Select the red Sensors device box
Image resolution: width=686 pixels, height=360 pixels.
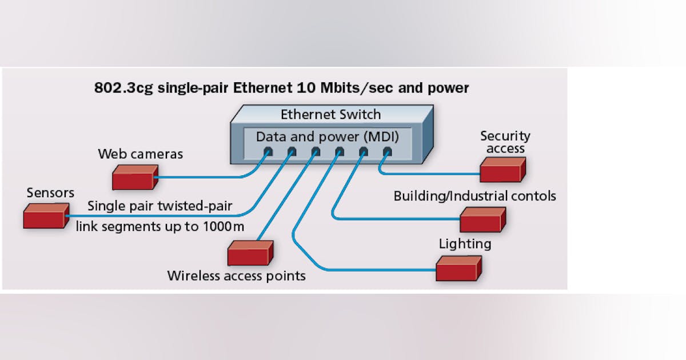pyautogui.click(x=46, y=216)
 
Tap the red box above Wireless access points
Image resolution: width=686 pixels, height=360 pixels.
pyautogui.click(x=250, y=253)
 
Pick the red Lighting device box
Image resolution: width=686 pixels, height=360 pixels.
pyautogui.click(x=458, y=269)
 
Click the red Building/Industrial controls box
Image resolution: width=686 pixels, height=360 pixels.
pyautogui.click(x=482, y=220)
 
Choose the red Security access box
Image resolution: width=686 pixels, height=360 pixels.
pyautogui.click(x=502, y=170)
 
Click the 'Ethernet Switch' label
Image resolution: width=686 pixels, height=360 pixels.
pyautogui.click(x=330, y=114)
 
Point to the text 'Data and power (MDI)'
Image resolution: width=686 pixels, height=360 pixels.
pyautogui.click(x=327, y=137)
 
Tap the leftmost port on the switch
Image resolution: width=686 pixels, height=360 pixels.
pyautogui.click(x=268, y=152)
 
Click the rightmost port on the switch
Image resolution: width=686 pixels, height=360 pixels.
pyautogui.click(x=387, y=152)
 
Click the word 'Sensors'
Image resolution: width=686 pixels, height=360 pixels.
pyautogui.click(x=50, y=193)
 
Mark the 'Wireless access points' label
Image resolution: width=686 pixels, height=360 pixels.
pyautogui.click(x=236, y=276)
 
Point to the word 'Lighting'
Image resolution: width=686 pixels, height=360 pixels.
pyautogui.click(x=465, y=244)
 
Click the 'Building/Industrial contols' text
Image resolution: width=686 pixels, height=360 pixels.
pyautogui.click(x=474, y=196)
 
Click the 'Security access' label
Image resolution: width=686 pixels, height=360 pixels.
pyautogui.click(x=505, y=142)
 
